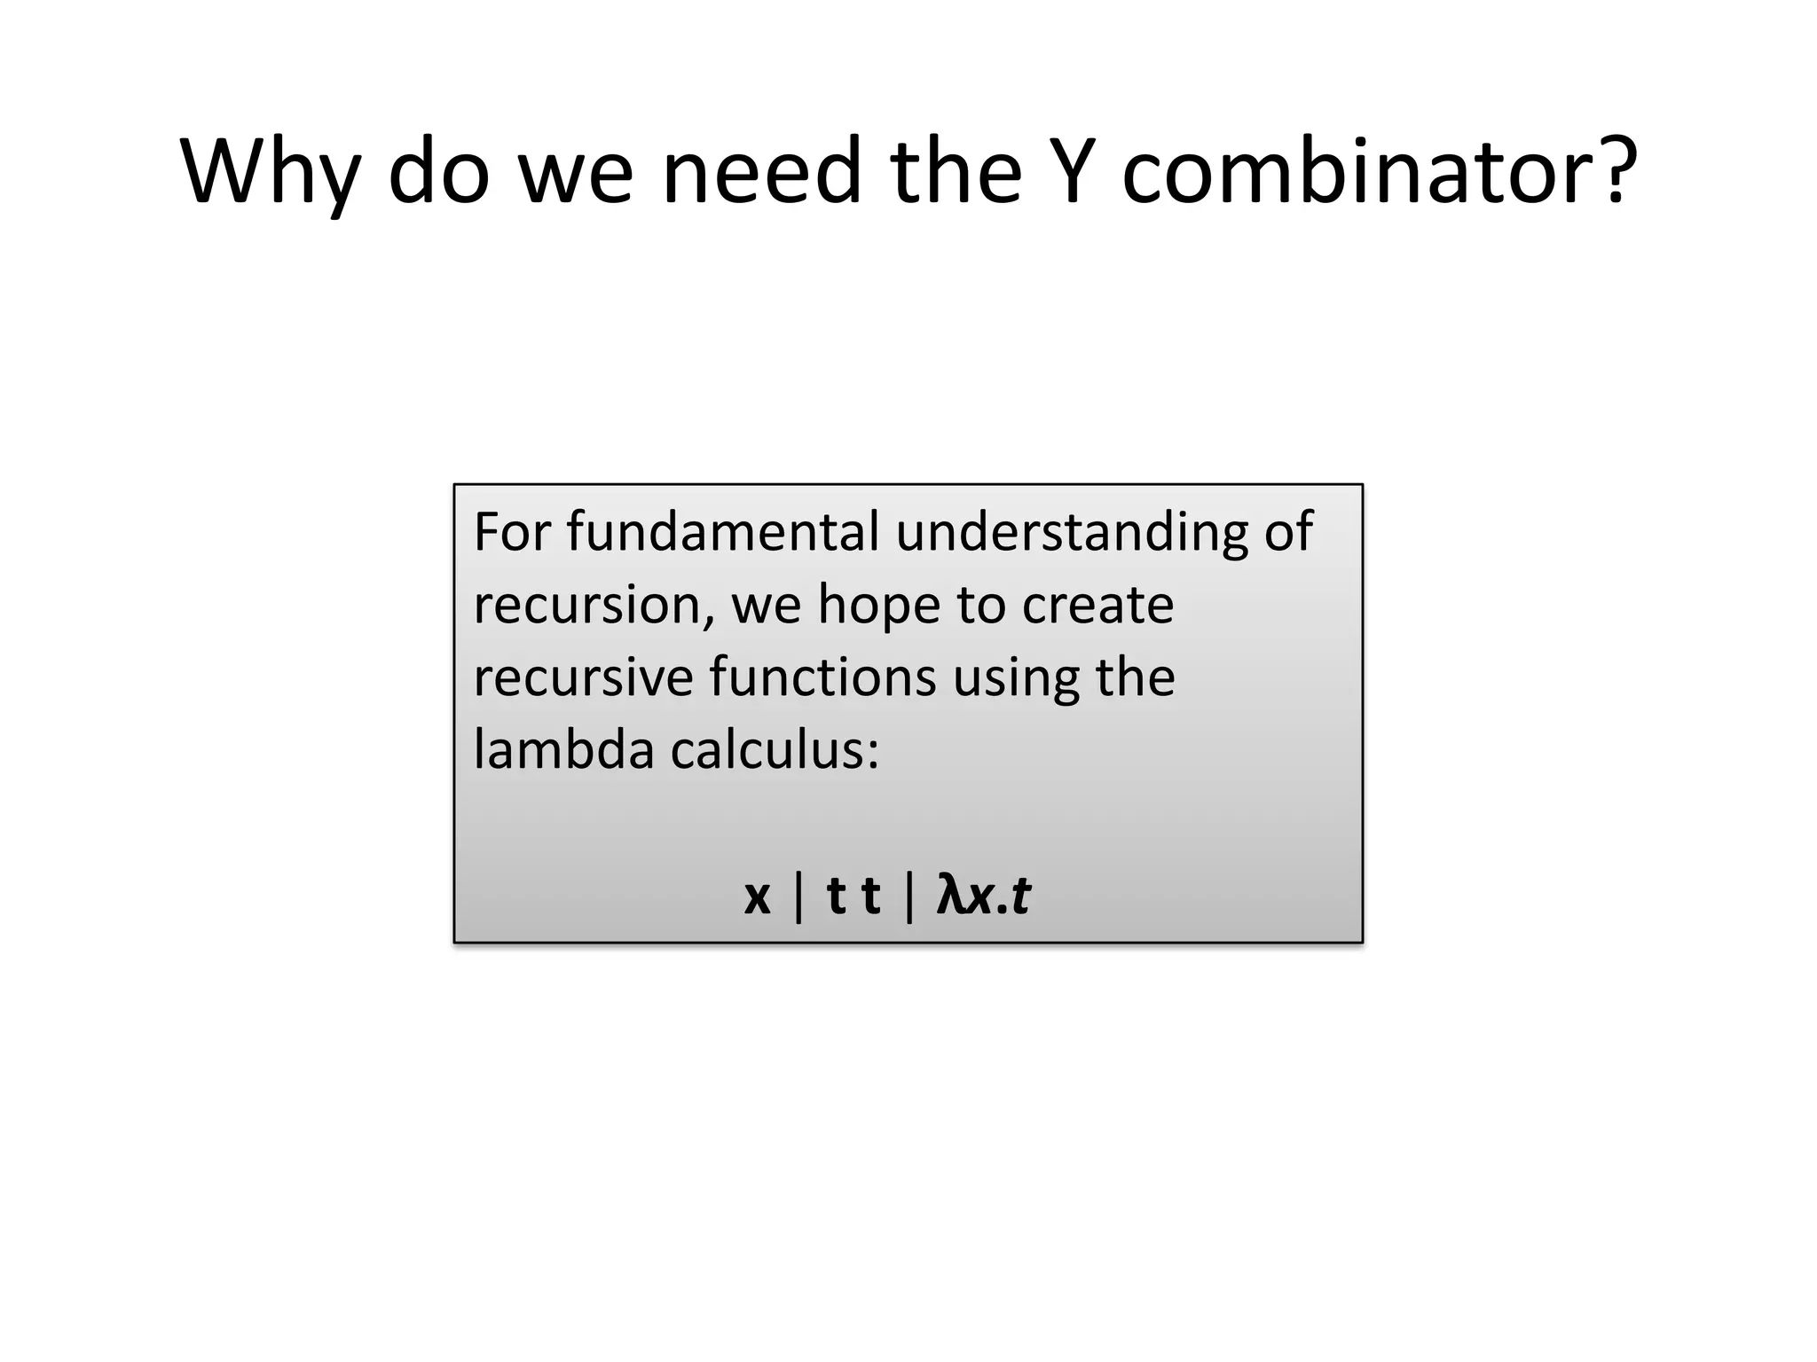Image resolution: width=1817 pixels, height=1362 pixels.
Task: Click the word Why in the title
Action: tap(270, 172)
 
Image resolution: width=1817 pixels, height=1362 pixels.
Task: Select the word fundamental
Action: tap(722, 532)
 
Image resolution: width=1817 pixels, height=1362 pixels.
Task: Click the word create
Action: tap(1097, 606)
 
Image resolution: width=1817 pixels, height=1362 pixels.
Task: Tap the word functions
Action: tap(822, 677)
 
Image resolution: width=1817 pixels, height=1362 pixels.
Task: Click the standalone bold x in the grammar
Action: tap(757, 897)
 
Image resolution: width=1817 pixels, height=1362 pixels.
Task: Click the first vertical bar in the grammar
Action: tap(799, 896)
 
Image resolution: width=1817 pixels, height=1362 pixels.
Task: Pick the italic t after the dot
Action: tap(1021, 896)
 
